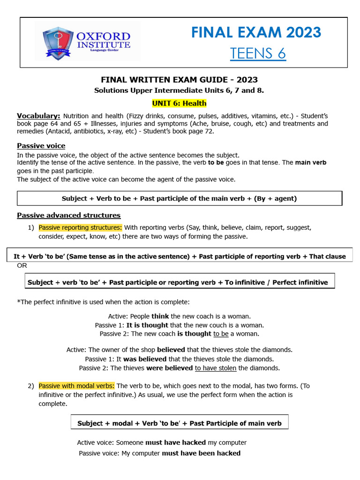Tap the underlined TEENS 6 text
pyautogui.click(x=257, y=53)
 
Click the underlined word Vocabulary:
pyautogui.click(x=38, y=116)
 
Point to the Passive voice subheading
pyautogui.click(x=41, y=146)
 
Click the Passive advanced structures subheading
pyautogui.click(x=68, y=215)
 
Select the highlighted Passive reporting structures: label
pyautogui.click(x=80, y=227)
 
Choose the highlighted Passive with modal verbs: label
pyautogui.click(x=76, y=386)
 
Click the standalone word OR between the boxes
pyautogui.click(x=22, y=265)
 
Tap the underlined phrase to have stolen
pyautogui.click(x=216, y=368)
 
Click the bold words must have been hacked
pyautogui.click(x=201, y=453)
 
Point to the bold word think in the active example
pyautogui.click(x=160, y=316)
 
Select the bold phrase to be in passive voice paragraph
pyautogui.click(x=216, y=163)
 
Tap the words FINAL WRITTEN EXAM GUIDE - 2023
pyautogui.click(x=180, y=80)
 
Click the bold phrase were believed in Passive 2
pyautogui.click(x=169, y=368)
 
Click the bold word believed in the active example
pyautogui.click(x=171, y=350)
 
